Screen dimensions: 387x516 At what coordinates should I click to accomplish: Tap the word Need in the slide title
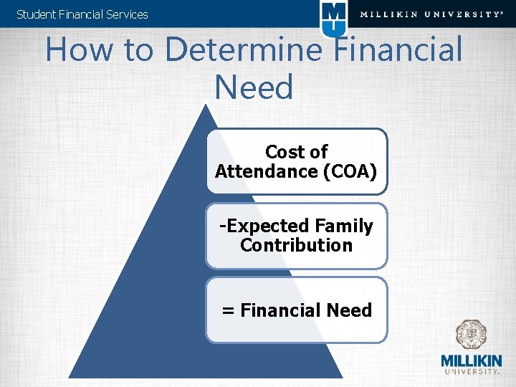coord(254,87)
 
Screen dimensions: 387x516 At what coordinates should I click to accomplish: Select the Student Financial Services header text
coord(82,14)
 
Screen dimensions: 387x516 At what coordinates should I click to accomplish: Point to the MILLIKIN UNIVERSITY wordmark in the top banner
coord(431,14)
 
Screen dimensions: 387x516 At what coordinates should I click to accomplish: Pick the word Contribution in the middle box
coord(296,245)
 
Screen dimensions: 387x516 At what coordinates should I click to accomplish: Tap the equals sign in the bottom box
coord(228,310)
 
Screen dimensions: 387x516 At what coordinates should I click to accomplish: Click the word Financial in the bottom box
coord(280,310)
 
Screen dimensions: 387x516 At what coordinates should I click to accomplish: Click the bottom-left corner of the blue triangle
coord(70,376)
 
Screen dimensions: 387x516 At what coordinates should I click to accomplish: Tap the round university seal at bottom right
coord(471,335)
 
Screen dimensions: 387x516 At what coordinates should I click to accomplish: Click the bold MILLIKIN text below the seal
coord(471,360)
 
